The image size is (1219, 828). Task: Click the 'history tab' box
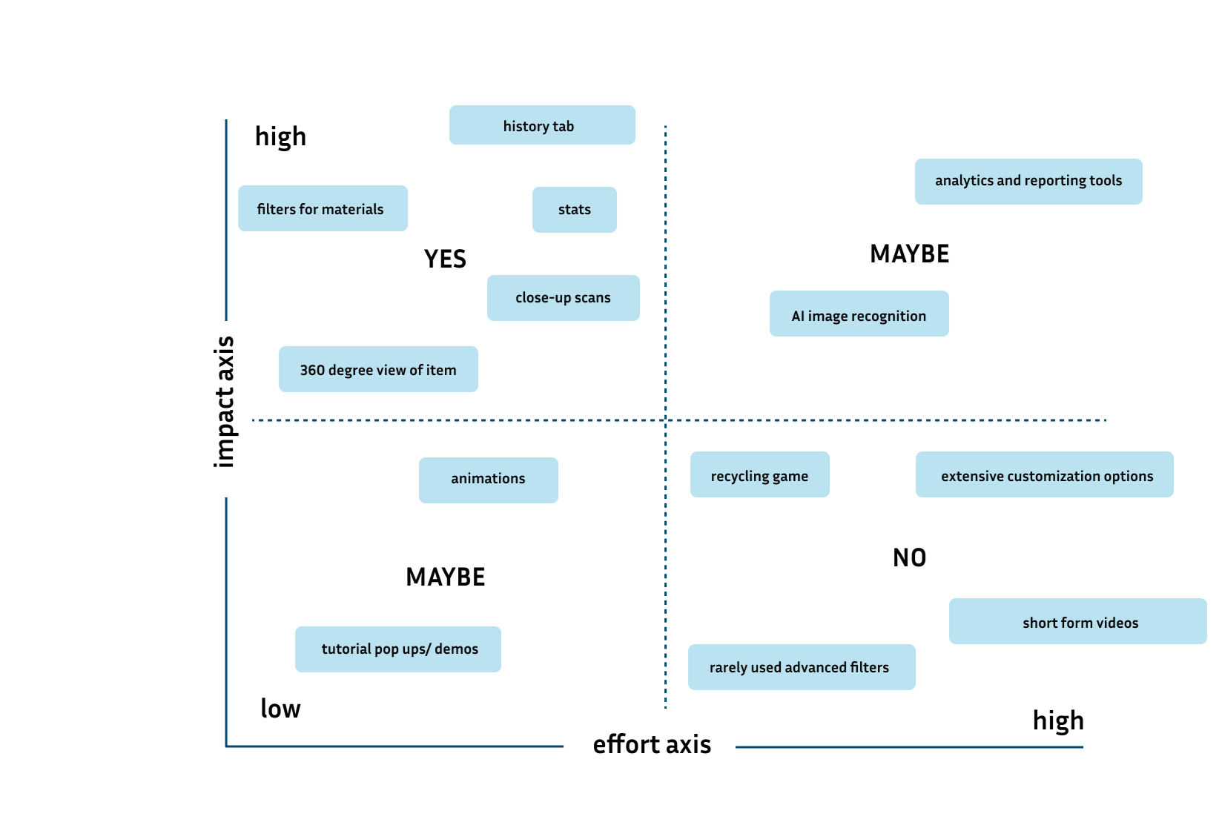point(542,125)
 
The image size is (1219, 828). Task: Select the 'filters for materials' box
point(323,208)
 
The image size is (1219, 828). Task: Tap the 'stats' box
point(575,210)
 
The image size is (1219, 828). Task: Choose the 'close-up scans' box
point(564,298)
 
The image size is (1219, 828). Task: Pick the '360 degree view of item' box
point(378,369)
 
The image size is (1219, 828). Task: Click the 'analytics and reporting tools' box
point(1028,182)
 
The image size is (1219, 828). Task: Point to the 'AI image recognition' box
point(859,314)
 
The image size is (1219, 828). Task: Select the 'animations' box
point(489,480)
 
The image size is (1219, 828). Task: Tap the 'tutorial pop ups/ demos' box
point(398,649)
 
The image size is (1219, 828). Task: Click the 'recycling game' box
point(760,474)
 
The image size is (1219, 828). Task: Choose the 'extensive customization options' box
point(1045,474)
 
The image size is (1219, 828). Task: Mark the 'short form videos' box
point(1078,621)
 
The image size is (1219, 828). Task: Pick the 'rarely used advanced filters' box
point(802,667)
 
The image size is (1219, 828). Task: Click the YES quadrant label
point(445,259)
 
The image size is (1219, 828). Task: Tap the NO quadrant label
point(909,558)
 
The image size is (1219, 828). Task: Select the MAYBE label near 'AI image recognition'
point(909,254)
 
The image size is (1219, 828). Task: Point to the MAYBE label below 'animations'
point(445,577)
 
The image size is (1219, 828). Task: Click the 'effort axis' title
point(652,744)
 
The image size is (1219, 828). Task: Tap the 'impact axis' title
point(224,402)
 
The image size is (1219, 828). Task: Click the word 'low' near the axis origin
point(280,709)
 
